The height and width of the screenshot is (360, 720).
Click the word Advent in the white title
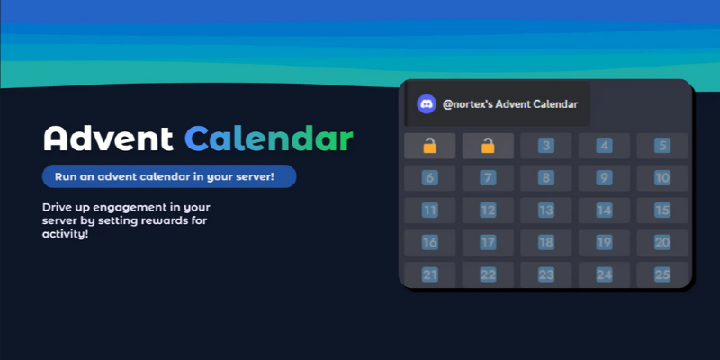108,139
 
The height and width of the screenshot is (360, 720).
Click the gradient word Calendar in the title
269,139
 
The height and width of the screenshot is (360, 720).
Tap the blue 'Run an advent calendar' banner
169,176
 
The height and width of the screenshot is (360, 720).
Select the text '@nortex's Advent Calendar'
510,104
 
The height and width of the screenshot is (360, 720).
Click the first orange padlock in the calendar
430,146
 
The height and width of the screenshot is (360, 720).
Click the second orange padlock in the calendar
488,146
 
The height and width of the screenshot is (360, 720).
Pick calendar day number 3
546,146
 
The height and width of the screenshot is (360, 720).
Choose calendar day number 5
662,146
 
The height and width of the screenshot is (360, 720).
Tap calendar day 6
430,178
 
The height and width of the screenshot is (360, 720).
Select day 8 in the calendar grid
546,178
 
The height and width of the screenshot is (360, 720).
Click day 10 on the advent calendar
662,178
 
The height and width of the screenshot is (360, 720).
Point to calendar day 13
546,211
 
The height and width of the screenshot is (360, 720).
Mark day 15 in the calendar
662,211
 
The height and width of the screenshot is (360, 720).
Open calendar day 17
488,243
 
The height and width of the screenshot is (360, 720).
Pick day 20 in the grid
662,243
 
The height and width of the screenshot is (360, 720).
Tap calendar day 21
430,274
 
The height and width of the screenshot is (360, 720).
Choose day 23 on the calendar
546,274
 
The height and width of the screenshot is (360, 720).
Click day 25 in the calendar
662,274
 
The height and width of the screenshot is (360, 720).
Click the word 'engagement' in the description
133,207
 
